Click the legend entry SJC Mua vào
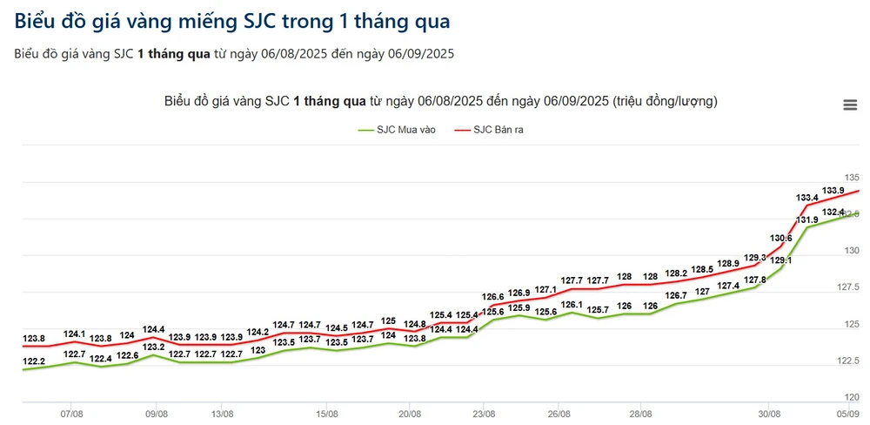[x=397, y=130]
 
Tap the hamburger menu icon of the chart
[x=850, y=105]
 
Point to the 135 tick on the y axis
[x=852, y=177]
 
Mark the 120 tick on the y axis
[x=852, y=397]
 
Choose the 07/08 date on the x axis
[x=72, y=414]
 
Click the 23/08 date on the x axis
[x=484, y=414]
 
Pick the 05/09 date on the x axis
[x=847, y=414]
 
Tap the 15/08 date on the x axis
[x=326, y=414]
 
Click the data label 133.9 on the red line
[x=833, y=191]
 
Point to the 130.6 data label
[x=781, y=238]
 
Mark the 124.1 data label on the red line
[x=75, y=334]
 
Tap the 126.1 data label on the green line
[x=572, y=305]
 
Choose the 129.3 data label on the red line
[x=755, y=257]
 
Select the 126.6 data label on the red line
[x=492, y=296]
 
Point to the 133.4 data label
[x=806, y=199]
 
